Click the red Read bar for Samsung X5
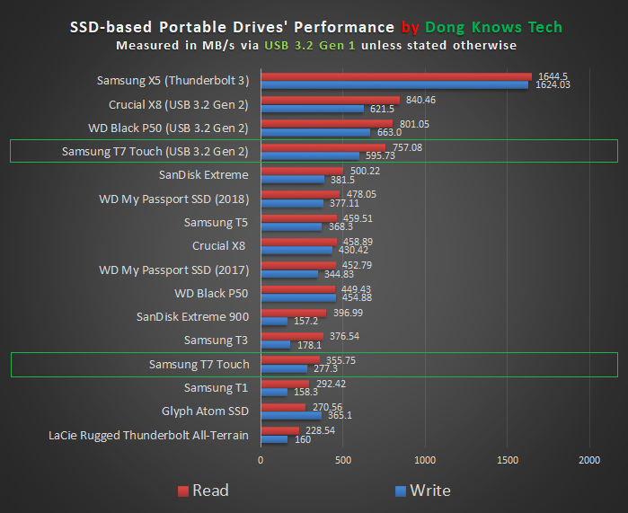[395, 76]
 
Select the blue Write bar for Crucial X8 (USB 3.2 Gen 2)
[312, 109]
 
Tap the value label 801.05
[412, 124]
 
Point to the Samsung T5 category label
[216, 222]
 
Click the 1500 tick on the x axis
[508, 460]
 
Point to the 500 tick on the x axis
[342, 460]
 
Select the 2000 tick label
[589, 460]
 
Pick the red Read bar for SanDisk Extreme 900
[293, 313]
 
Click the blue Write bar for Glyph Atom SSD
[290, 415]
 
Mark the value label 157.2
[308, 321]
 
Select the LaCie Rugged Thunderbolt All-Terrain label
[148, 436]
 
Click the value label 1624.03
[553, 85]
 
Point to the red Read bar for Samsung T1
[284, 384]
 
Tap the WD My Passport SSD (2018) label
[173, 198]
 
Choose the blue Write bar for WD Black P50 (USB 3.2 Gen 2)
[314, 132]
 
